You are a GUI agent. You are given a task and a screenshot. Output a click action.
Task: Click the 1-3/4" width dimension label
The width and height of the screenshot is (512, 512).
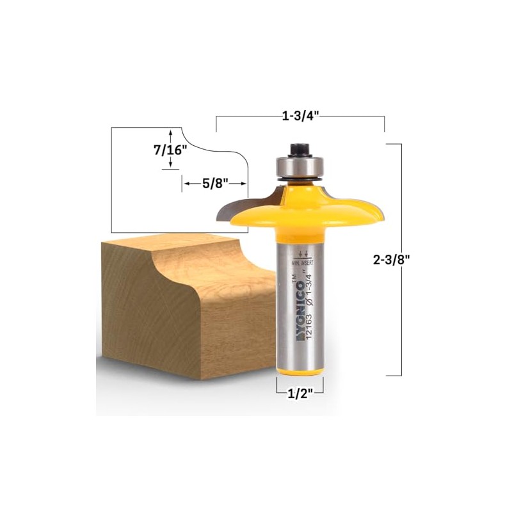tap(300, 116)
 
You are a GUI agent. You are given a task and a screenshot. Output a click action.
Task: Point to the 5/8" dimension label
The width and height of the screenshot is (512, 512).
tap(215, 184)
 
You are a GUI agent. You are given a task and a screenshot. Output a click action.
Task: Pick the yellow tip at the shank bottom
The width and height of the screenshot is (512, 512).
tap(300, 374)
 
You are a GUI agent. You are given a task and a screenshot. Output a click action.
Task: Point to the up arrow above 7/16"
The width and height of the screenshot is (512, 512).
tap(170, 134)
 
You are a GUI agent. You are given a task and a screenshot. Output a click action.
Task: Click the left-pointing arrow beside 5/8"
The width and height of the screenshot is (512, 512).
tap(188, 184)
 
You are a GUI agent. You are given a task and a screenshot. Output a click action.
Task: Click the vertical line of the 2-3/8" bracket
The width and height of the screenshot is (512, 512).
tap(401, 259)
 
